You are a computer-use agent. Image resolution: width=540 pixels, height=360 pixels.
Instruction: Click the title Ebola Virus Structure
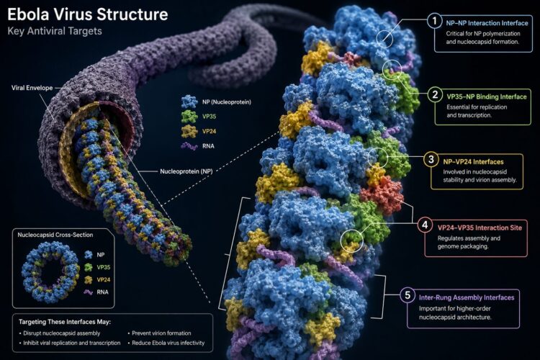[87, 14]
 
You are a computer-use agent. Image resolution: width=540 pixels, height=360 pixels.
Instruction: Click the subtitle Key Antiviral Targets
[55, 31]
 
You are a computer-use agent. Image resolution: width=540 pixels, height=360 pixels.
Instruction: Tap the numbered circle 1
[434, 21]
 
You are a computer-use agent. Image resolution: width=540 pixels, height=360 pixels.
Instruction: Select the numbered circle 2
[435, 94]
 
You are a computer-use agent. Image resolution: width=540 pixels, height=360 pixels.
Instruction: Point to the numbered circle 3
[431, 159]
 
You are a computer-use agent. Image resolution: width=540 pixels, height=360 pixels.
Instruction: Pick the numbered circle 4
[425, 225]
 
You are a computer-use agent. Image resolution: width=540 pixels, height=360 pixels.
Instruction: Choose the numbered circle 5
[408, 295]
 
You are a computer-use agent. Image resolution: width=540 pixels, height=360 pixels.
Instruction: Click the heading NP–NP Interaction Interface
[487, 23]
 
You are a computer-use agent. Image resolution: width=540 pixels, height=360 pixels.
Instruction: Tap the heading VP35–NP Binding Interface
[487, 96]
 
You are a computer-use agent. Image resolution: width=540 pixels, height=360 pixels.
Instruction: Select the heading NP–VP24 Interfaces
[473, 161]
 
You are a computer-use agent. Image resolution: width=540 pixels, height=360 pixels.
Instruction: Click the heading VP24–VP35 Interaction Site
[480, 228]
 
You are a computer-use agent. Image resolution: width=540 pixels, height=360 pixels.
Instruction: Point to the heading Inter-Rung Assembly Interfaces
[467, 297]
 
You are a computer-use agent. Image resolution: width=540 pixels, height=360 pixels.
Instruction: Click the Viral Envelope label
[32, 88]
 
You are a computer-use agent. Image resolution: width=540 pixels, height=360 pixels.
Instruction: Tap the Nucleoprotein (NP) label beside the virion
[186, 171]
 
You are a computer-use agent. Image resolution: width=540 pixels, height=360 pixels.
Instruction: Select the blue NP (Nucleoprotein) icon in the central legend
[189, 102]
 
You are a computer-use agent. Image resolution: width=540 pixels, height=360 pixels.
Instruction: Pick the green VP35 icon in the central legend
[189, 117]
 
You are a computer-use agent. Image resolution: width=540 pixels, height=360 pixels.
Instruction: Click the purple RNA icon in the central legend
[189, 146]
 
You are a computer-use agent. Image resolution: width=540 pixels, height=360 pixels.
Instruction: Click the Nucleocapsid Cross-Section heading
[55, 235]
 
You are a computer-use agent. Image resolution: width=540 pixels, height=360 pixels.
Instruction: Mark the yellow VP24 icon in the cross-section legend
[89, 280]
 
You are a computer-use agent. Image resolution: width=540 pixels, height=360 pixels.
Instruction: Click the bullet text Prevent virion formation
[161, 333]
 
